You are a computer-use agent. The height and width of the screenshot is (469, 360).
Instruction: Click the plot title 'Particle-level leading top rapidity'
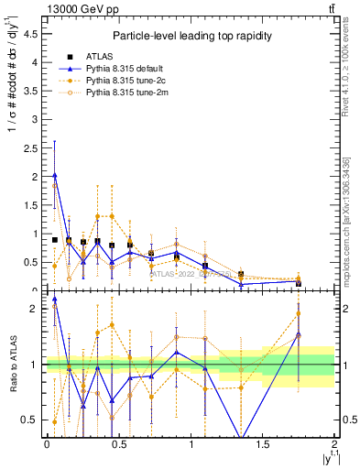click(190, 36)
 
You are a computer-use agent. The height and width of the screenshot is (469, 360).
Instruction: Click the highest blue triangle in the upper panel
click(55, 175)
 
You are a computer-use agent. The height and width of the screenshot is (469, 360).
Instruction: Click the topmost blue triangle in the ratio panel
click(55, 299)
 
